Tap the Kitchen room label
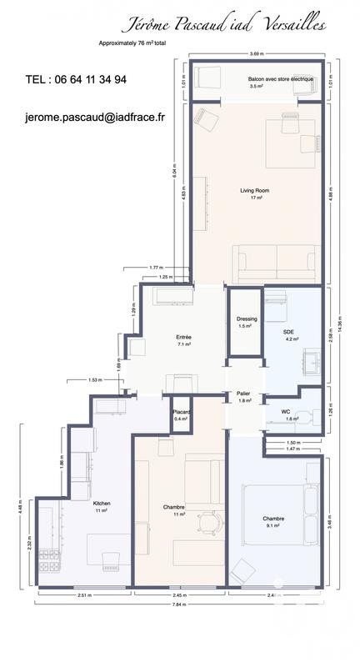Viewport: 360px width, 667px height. [x=102, y=504]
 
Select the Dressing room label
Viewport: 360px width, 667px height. [x=247, y=318]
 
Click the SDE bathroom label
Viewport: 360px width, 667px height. [x=289, y=332]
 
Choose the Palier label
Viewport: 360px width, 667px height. [x=243, y=393]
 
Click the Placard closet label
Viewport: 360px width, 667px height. [x=181, y=412]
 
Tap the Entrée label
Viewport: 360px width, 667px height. [x=183, y=337]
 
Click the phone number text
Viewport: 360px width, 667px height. [x=77, y=79]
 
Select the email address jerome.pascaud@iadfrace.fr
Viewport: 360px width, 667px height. [x=95, y=118]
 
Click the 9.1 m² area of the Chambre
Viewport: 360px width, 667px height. [x=273, y=526]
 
